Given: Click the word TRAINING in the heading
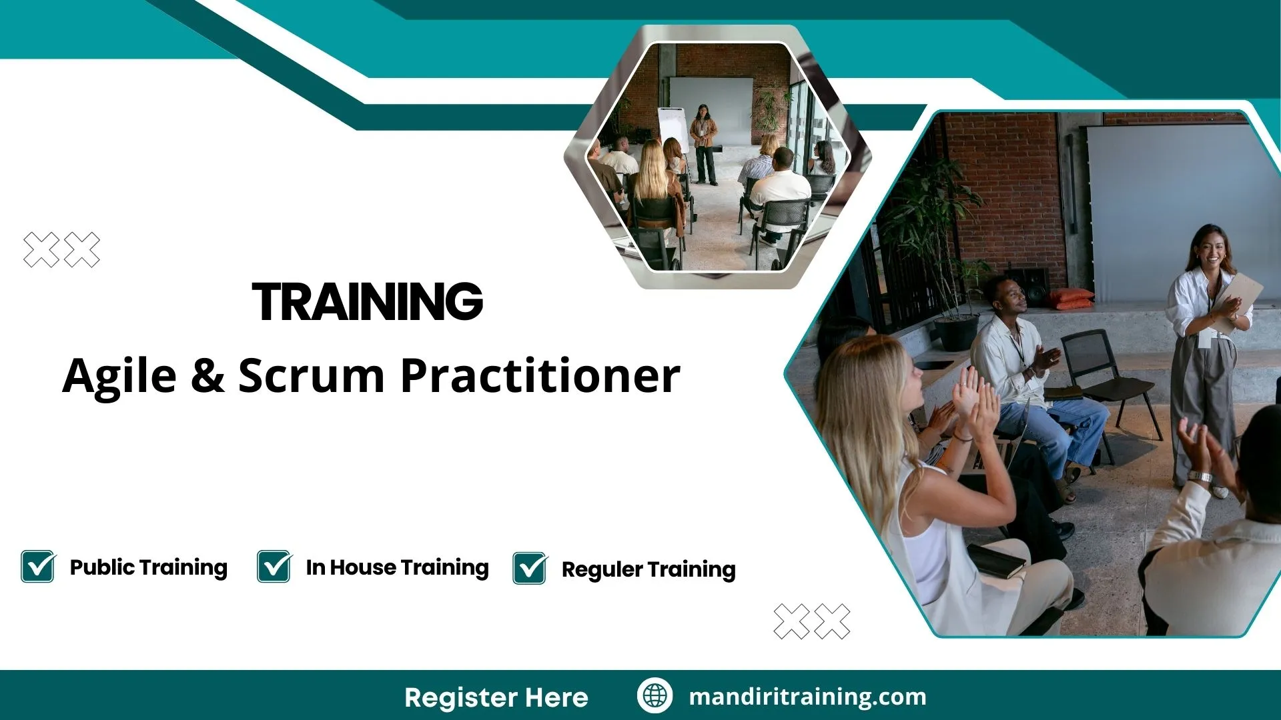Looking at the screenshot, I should tap(368, 302).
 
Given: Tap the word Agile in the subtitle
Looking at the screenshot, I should tap(119, 376).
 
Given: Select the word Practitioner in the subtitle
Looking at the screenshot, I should tap(540, 376).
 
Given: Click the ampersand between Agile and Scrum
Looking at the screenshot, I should tap(207, 376).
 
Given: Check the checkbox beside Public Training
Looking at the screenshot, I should tap(38, 567).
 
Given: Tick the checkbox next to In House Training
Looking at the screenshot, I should tap(274, 567).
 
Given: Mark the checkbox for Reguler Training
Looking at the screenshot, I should tap(530, 569).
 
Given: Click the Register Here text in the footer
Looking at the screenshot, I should tap(496, 697).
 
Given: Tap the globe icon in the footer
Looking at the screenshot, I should tap(655, 695).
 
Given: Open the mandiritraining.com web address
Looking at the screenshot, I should tap(807, 697).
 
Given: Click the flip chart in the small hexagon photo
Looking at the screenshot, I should tap(673, 127).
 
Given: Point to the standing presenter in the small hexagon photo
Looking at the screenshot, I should tap(703, 143).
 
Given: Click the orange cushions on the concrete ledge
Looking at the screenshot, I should tap(1070, 299).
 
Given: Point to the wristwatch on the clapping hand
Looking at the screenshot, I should tap(1200, 477).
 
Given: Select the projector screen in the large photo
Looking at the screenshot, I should tap(1174, 200).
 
